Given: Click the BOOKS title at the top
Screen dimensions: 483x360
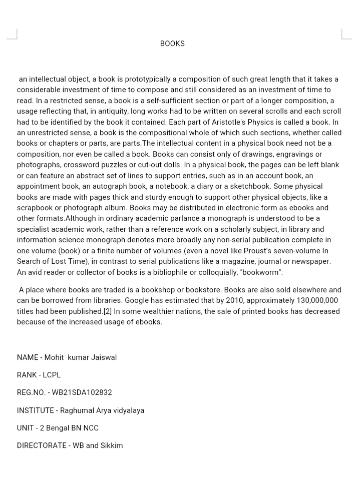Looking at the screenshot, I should (x=172, y=44).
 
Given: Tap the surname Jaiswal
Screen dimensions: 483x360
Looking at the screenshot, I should (x=104, y=357).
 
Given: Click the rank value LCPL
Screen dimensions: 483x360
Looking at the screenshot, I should (x=52, y=375).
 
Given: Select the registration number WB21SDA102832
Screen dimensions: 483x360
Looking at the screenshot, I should (x=82, y=392).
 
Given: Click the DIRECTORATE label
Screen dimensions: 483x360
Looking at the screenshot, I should (x=42, y=445).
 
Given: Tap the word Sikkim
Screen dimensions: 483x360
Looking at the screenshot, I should (x=112, y=445).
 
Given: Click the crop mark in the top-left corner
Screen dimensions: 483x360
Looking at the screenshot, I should (x=14, y=35).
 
